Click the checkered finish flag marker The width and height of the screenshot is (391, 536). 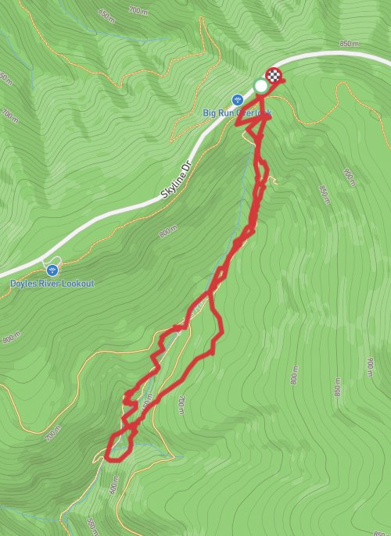(274, 76)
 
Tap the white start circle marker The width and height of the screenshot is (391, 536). (260, 85)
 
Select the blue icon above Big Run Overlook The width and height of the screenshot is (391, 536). (238, 99)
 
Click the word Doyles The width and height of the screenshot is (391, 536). (24, 284)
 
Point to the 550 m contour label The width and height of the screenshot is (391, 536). (93, 521)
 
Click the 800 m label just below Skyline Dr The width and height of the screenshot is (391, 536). (167, 232)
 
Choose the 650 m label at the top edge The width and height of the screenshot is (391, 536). (106, 13)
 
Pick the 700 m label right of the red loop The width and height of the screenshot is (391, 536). (181, 404)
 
